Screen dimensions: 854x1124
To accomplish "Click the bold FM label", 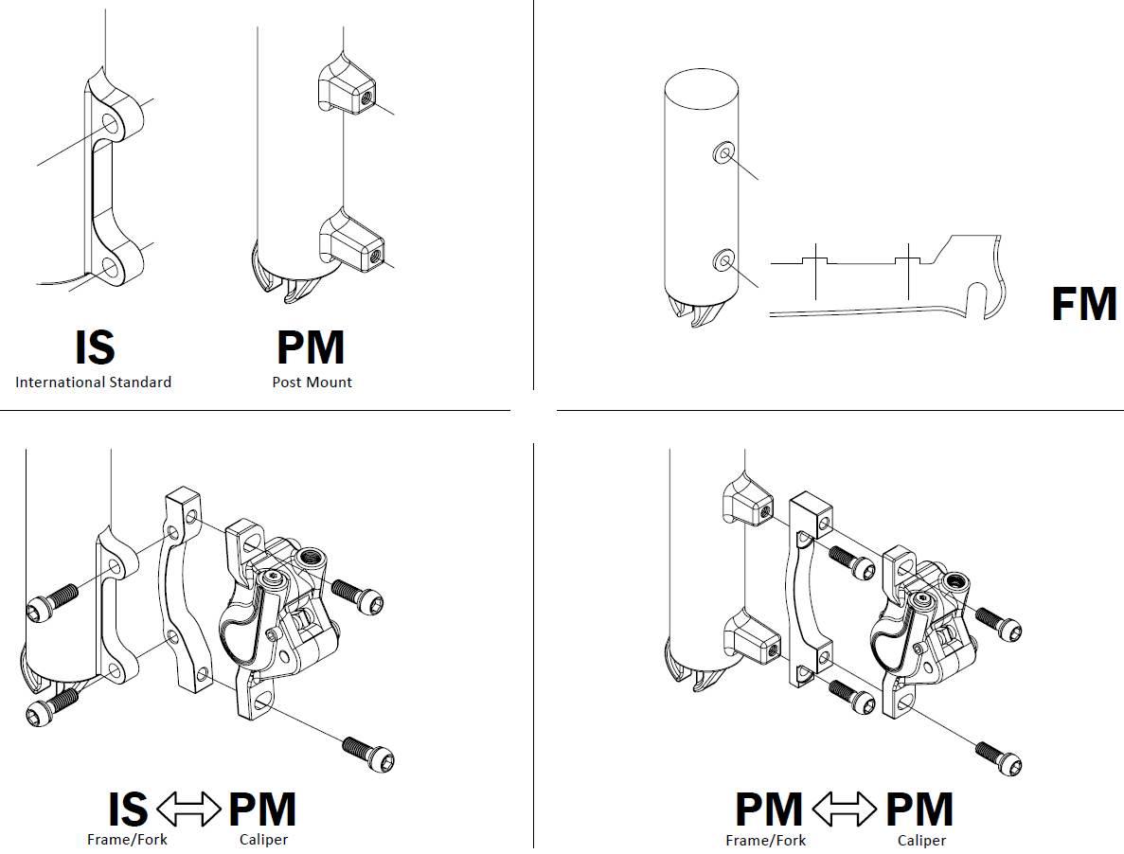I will (1084, 305).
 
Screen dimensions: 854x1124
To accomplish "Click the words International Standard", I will (93, 383).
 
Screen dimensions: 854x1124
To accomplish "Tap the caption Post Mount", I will (312, 383).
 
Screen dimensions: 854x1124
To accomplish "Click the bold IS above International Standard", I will (94, 347).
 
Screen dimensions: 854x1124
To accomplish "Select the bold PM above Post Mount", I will (311, 347).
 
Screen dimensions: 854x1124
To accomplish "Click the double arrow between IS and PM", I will (187, 810).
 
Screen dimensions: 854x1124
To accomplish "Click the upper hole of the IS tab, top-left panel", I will (112, 124).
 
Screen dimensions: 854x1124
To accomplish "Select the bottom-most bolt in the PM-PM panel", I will (999, 756).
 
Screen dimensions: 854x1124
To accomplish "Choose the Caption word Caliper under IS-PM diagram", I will (263, 840).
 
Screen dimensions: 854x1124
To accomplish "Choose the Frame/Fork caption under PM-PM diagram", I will (766, 840).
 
